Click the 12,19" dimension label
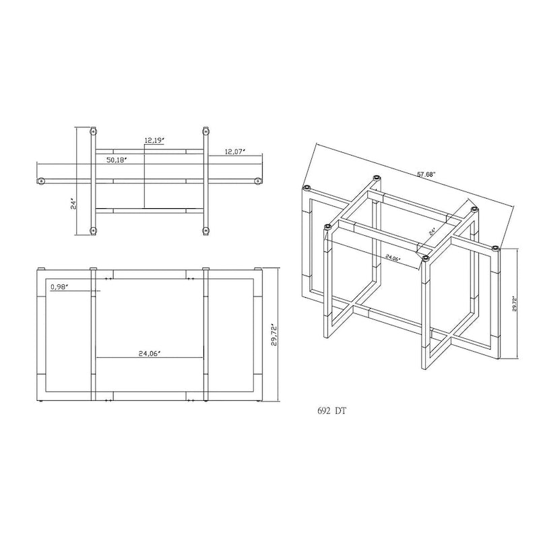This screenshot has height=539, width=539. tap(154, 140)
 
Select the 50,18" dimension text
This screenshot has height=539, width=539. tap(117, 160)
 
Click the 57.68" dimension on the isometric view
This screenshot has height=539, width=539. tap(426, 174)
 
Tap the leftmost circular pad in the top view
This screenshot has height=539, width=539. tap(42, 181)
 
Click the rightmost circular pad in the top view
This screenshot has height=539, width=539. tap(257, 181)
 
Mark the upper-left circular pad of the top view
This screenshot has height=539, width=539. tap(94, 130)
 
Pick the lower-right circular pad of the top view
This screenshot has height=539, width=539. tap(204, 232)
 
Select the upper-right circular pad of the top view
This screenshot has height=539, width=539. tap(204, 130)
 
